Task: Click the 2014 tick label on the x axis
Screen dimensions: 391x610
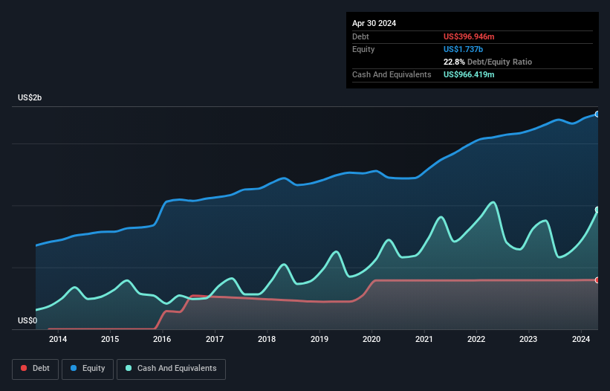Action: click(58, 340)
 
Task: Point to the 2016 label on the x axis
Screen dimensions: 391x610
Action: click(162, 340)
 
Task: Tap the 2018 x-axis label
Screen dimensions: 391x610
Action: click(267, 340)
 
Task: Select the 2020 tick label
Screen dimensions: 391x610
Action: click(371, 340)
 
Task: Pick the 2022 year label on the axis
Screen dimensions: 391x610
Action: click(476, 340)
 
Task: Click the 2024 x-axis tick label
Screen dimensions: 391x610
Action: click(580, 340)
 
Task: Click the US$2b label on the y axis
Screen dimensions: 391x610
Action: click(30, 98)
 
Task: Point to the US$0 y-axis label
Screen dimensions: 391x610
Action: click(27, 320)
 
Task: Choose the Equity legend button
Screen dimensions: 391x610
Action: click(88, 368)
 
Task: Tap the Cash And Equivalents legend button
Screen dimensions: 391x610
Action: click(171, 368)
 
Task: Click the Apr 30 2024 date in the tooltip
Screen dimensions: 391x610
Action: click(374, 23)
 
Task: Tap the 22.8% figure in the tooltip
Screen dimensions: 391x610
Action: click(455, 62)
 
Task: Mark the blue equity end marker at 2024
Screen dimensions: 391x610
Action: click(597, 114)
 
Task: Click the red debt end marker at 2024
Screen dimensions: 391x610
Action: click(597, 280)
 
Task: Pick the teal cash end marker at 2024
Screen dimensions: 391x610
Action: click(597, 210)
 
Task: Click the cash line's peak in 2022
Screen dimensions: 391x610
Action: click(492, 201)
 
